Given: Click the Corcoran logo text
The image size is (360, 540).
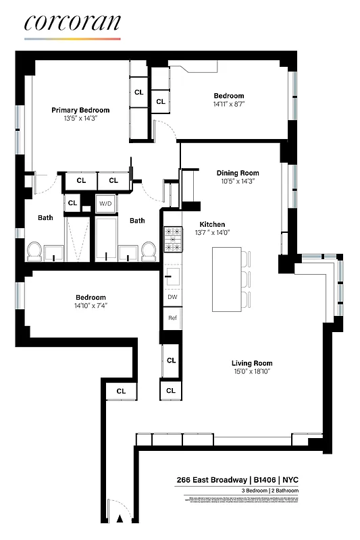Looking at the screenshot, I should pyautogui.click(x=72, y=23).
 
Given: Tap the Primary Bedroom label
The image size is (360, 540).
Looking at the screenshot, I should pyautogui.click(x=80, y=110).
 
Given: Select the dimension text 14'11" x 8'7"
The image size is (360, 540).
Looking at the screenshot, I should pyautogui.click(x=229, y=105).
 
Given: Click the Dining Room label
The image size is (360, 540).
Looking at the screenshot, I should pyautogui.click(x=237, y=173).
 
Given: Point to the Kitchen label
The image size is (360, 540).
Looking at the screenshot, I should pyautogui.click(x=211, y=224).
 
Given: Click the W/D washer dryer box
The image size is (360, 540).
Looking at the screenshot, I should pyautogui.click(x=105, y=203).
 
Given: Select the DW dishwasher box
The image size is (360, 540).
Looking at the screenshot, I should pyautogui.click(x=172, y=296).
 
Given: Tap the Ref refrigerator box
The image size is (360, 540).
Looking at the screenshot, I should pyautogui.click(x=172, y=318).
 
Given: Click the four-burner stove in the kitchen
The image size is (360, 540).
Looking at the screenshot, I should pyautogui.click(x=173, y=239).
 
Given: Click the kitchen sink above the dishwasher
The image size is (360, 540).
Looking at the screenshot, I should pyautogui.click(x=172, y=275).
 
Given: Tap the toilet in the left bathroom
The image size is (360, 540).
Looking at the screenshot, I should pyautogui.click(x=34, y=252).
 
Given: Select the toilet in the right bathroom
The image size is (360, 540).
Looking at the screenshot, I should pyautogui.click(x=150, y=252).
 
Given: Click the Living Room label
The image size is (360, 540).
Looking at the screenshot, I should pyautogui.click(x=252, y=363).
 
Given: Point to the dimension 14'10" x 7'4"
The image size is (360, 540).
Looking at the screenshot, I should pyautogui.click(x=90, y=306).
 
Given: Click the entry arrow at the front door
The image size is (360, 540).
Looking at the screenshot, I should pyautogui.click(x=120, y=519).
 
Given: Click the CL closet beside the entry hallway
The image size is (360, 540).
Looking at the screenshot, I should pyautogui.click(x=121, y=391).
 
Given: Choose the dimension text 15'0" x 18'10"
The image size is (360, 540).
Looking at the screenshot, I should pyautogui.click(x=252, y=372).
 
